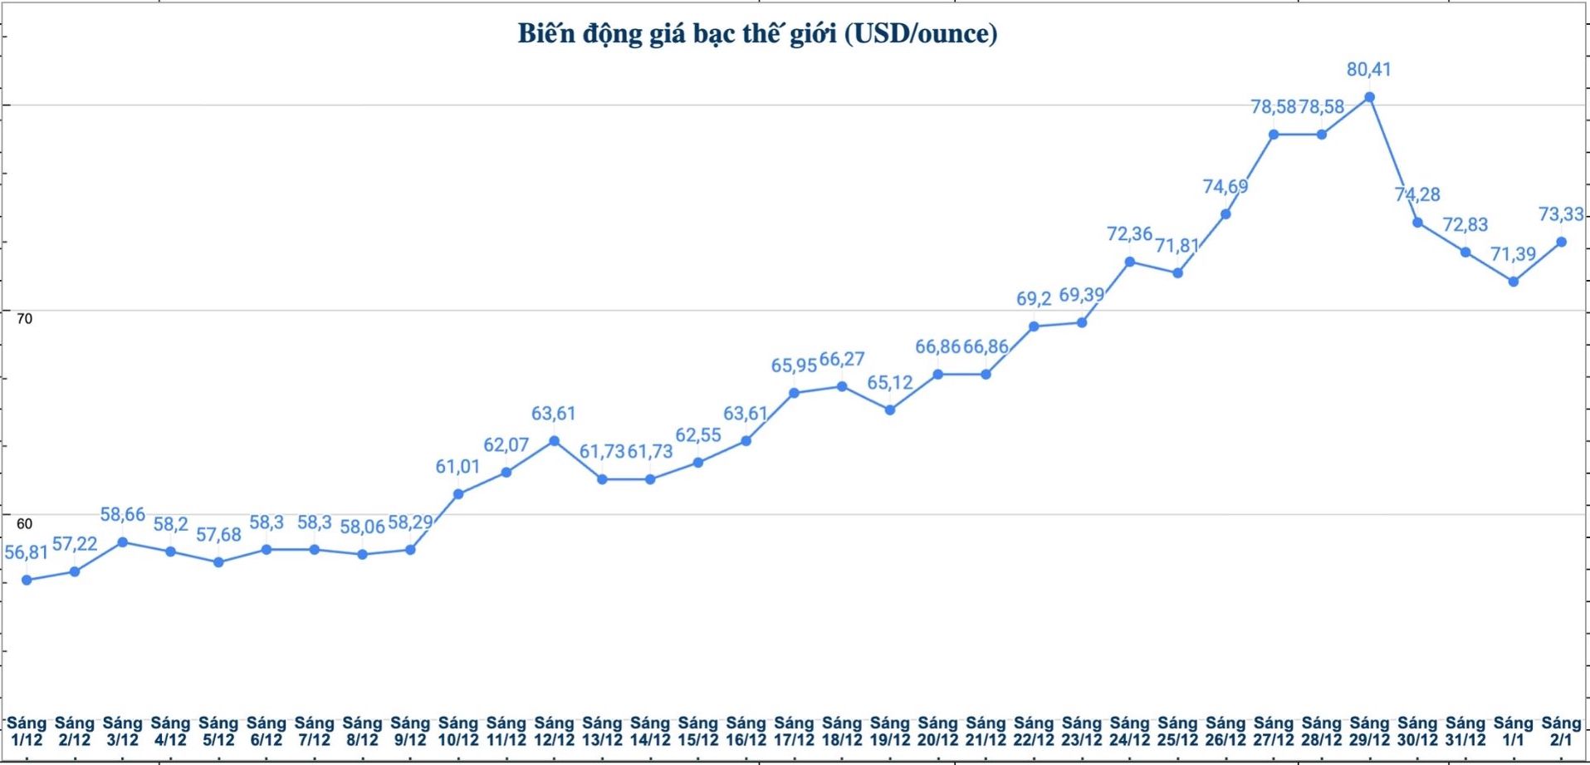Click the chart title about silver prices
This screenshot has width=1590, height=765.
click(757, 34)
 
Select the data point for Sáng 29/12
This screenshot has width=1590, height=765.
click(1369, 97)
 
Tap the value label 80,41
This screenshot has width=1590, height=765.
click(1368, 70)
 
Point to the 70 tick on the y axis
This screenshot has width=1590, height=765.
click(24, 319)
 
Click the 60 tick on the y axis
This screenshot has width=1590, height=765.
click(24, 523)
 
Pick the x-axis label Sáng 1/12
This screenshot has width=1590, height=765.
click(27, 732)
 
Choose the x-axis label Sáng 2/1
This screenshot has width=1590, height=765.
click(1561, 732)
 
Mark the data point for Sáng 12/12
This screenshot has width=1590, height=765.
click(554, 441)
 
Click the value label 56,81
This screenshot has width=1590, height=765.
click(27, 553)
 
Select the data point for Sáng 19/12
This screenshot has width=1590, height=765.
click(890, 409)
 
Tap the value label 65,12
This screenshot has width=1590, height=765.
click(890, 383)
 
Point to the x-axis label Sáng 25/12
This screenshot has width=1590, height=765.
click(1177, 732)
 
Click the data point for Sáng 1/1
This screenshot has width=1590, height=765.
click(1514, 282)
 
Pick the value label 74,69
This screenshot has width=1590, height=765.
click(1226, 187)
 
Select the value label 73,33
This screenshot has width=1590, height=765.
click(1561, 215)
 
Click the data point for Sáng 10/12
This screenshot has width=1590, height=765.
click(458, 494)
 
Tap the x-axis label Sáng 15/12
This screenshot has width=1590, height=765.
click(697, 732)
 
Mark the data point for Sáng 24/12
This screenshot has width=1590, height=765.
click(1130, 262)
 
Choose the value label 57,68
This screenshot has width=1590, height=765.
click(218, 535)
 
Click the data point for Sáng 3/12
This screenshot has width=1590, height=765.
click(123, 542)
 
